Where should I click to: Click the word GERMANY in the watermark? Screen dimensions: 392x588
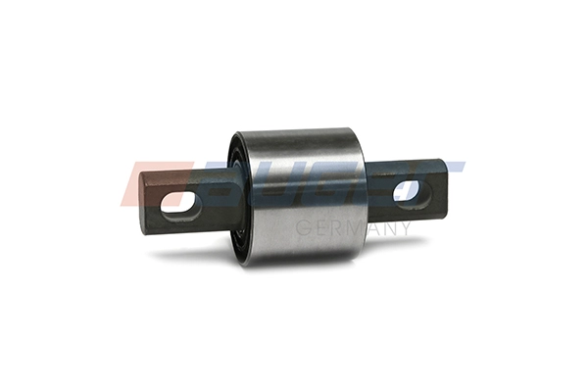353,228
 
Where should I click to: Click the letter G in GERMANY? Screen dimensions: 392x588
302,228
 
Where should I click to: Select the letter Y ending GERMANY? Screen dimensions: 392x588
405,228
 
